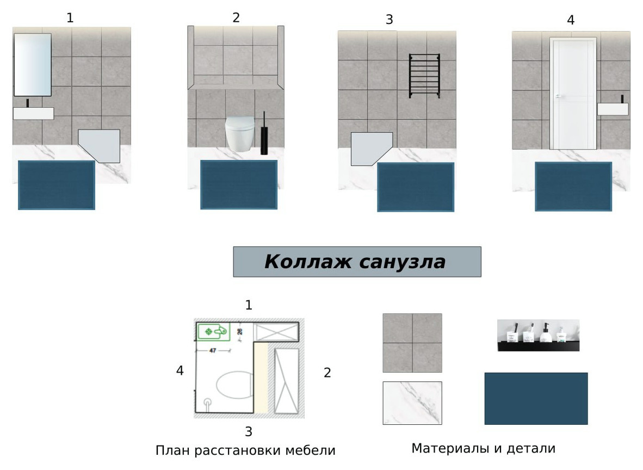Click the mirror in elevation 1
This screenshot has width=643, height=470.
(x=33, y=65)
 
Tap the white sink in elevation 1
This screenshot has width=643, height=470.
(x=33, y=113)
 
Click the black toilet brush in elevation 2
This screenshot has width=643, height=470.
(x=264, y=134)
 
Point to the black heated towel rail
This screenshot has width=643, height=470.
(x=424, y=76)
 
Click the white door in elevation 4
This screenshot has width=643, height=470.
(x=573, y=94)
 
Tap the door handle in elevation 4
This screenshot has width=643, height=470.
(x=558, y=96)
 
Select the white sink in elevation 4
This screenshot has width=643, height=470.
(x=613, y=109)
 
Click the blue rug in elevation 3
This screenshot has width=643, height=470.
(x=416, y=187)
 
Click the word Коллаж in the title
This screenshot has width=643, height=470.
(x=306, y=262)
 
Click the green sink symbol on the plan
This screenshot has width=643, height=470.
(x=213, y=331)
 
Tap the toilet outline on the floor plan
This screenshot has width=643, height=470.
(x=234, y=385)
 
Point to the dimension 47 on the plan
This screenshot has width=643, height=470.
(x=212, y=350)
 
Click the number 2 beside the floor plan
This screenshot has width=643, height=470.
(x=327, y=373)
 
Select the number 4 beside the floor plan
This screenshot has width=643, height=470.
(x=180, y=371)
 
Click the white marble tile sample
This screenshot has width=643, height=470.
(x=412, y=403)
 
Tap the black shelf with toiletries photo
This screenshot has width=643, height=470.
(x=539, y=336)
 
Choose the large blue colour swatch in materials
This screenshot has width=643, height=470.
(x=536, y=398)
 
